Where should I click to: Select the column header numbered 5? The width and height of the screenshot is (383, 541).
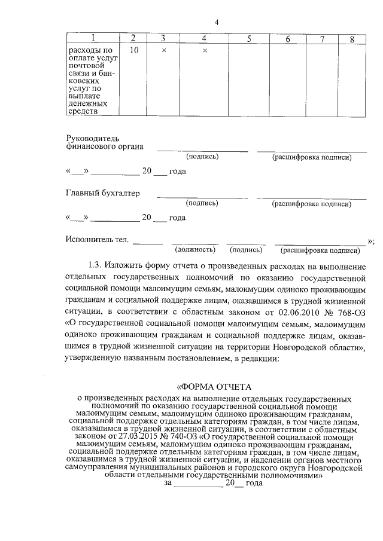click(248, 39)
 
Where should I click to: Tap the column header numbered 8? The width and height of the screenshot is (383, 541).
click(352, 39)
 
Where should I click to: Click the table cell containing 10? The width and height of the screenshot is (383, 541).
click(133, 51)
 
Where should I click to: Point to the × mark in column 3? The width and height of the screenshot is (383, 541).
click(163, 51)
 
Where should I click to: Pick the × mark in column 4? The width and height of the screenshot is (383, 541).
click(205, 51)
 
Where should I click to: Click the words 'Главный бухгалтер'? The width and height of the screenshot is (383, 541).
click(102, 193)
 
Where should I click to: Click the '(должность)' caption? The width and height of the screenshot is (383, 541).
click(193, 250)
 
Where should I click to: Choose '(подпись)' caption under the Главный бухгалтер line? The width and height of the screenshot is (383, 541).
click(202, 203)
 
